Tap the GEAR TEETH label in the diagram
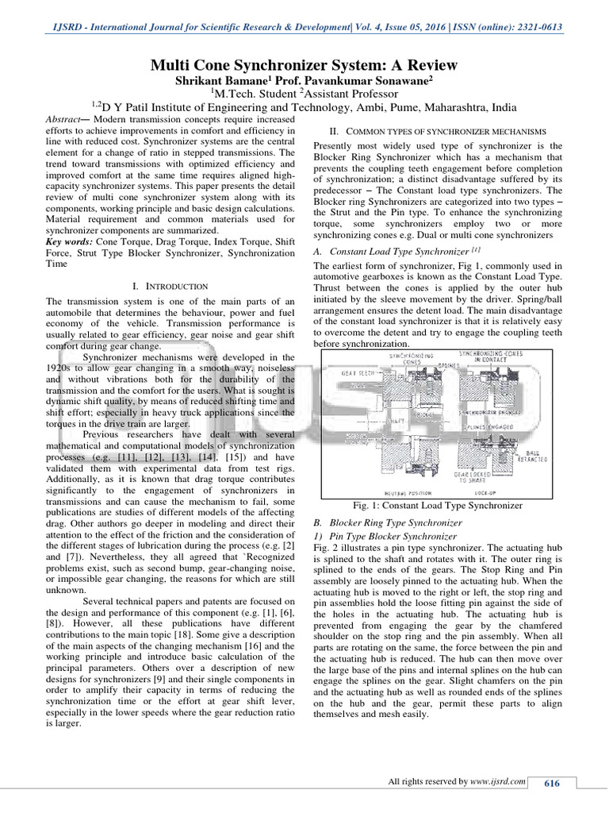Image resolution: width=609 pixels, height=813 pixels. (358, 372)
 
